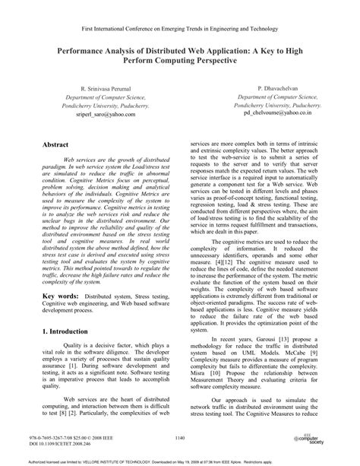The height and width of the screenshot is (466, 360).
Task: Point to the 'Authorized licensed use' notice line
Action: (x=180, y=458)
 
